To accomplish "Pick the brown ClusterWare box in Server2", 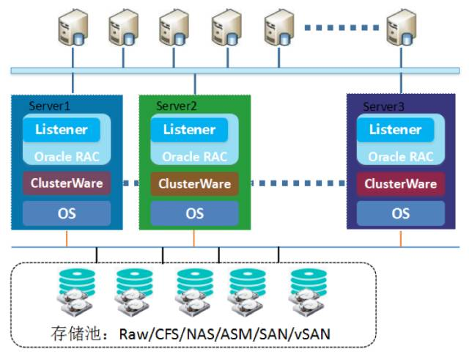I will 194,183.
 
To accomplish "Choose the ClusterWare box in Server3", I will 400,183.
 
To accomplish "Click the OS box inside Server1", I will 66,213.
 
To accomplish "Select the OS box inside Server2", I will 194,213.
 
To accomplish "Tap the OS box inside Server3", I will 400,213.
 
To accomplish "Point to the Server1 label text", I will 49,106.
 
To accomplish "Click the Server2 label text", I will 177,106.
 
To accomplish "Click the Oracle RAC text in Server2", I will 194,157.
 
